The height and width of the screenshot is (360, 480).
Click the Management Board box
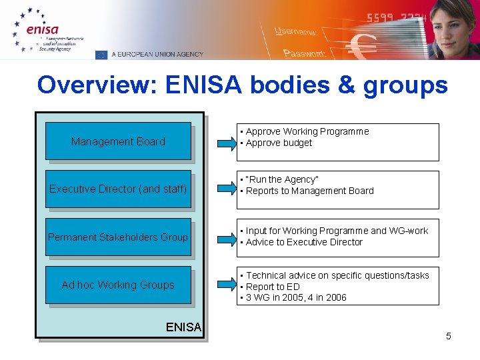[118, 141]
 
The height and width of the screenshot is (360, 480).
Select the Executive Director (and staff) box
[118, 189]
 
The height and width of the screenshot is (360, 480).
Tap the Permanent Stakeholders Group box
[118, 237]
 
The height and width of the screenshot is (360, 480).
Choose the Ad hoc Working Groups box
[118, 285]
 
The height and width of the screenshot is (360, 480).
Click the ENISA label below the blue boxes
[183, 327]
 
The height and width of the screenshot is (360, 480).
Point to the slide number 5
[449, 336]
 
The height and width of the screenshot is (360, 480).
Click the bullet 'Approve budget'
[279, 143]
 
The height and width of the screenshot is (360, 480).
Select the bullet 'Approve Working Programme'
[307, 132]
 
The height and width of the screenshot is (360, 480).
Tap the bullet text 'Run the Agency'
[282, 179]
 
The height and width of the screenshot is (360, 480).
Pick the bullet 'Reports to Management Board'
[309, 191]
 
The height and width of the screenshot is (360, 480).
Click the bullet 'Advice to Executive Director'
[304, 242]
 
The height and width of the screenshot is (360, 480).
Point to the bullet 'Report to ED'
[273, 287]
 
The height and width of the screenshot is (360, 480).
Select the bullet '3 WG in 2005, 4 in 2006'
[296, 298]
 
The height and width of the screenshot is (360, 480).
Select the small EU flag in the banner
[101, 55]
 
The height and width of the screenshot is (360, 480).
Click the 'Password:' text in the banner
[304, 53]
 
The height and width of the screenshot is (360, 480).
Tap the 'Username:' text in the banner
[297, 31]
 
